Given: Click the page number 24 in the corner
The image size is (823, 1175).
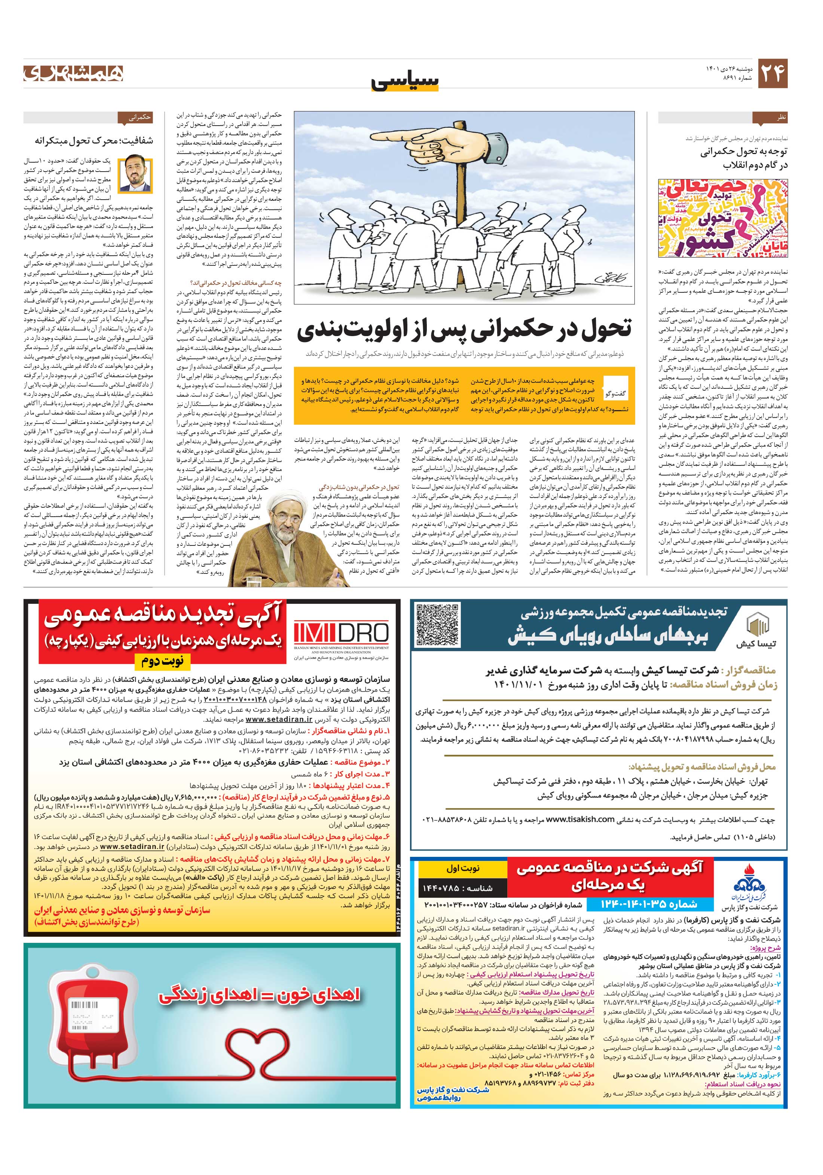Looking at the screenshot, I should click(772, 73).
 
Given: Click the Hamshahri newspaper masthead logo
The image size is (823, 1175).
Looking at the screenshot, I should click(73, 73).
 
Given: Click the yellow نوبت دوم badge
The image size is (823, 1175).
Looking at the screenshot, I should click(163, 662).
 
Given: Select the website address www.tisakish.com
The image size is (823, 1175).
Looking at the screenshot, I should click(580, 819).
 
